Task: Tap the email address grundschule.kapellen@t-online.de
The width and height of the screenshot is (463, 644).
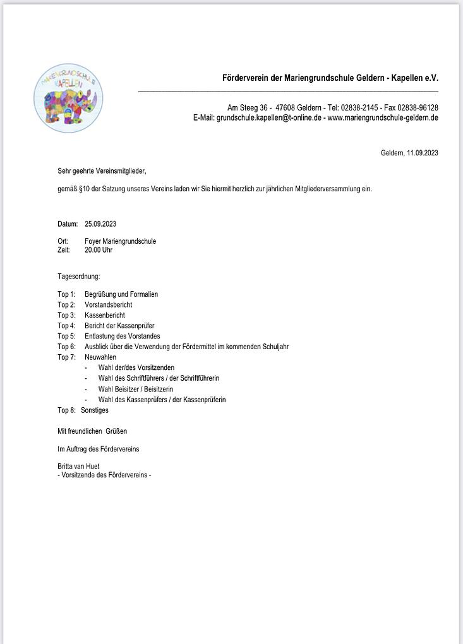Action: click(x=269, y=117)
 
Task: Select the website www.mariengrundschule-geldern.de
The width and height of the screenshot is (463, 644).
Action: click(x=383, y=117)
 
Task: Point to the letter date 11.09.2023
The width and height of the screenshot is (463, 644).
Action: click(x=423, y=153)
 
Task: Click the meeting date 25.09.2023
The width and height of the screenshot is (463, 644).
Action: click(x=100, y=224)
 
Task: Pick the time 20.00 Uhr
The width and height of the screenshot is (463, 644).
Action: click(x=99, y=250)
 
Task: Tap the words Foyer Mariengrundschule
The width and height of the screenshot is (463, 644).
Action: click(x=120, y=241)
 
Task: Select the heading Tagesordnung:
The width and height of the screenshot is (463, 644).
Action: click(x=79, y=277)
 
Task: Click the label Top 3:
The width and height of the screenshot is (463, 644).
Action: click(x=66, y=315)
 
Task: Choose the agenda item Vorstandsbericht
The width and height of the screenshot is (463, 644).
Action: click(x=108, y=305)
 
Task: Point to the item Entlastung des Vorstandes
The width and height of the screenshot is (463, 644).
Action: click(x=123, y=336)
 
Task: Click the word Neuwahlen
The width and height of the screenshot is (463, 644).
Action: click(x=100, y=357)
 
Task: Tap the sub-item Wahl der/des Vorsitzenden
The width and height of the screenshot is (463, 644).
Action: click(x=136, y=367)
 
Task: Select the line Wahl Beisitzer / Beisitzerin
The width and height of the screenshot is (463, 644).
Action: click(x=135, y=389)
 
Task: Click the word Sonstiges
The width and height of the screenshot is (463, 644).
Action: click(x=95, y=410)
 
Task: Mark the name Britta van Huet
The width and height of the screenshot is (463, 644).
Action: click(x=78, y=466)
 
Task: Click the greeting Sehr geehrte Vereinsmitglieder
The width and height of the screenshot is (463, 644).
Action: click(x=101, y=170)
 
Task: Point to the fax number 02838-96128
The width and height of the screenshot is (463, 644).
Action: click(x=418, y=107)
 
